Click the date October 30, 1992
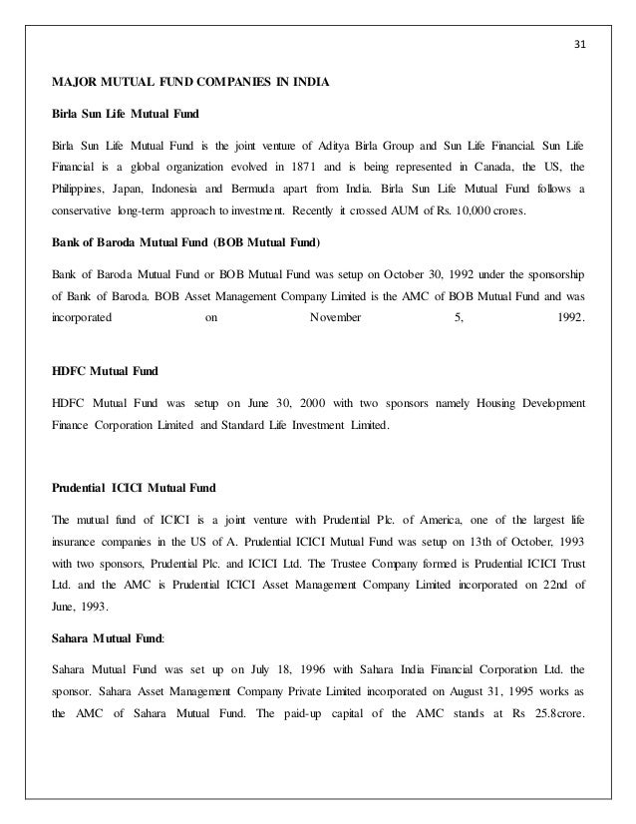(x=353, y=271)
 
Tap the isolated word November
(x=336, y=319)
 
